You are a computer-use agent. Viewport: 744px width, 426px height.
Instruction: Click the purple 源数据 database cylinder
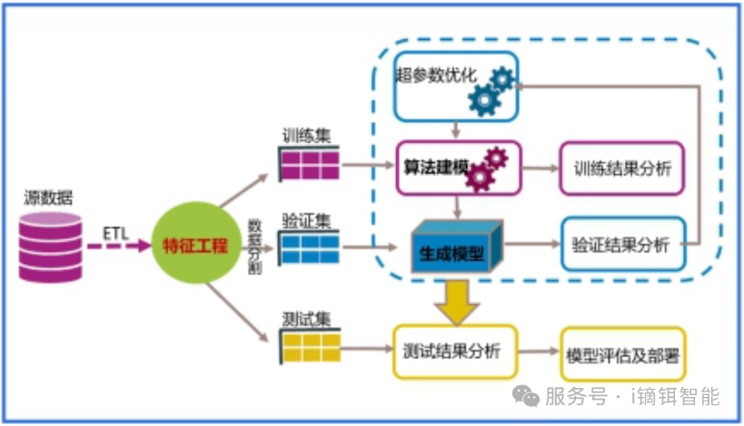(50, 247)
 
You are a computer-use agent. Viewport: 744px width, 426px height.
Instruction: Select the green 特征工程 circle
(195, 246)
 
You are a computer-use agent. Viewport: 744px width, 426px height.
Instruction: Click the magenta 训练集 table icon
(309, 165)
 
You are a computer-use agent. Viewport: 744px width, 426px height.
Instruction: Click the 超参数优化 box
(455, 86)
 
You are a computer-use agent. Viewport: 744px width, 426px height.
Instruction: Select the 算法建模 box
(457, 168)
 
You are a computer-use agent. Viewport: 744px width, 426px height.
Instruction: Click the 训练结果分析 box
(622, 169)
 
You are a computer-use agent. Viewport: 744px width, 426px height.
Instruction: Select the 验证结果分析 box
(623, 244)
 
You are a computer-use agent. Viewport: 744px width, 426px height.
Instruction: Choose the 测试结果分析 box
(455, 352)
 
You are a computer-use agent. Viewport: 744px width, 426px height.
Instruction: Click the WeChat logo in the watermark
(527, 396)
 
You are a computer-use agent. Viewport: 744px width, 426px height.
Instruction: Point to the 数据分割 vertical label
(254, 246)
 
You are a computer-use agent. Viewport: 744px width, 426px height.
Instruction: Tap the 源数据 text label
(48, 200)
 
